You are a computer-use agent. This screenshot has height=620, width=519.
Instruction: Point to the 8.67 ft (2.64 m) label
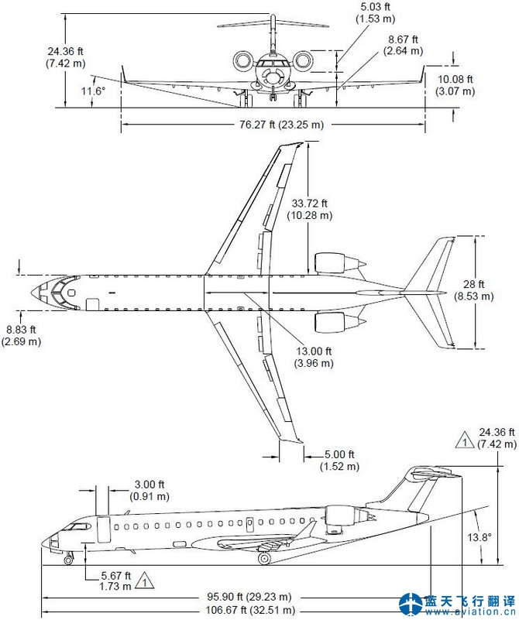click(403, 45)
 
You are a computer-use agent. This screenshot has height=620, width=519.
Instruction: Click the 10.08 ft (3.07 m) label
click(455, 85)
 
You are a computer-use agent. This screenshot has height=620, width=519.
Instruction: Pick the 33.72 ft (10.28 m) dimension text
click(312, 209)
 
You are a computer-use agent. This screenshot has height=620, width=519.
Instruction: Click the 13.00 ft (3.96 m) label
click(314, 357)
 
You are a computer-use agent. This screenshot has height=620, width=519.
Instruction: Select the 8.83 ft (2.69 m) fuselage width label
click(22, 334)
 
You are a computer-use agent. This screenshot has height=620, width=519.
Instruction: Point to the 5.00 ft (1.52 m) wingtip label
click(340, 460)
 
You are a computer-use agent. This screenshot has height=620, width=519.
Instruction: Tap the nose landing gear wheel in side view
click(68, 559)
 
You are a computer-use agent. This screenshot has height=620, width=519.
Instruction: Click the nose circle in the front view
click(272, 77)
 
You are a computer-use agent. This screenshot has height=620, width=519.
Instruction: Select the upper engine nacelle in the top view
click(331, 262)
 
